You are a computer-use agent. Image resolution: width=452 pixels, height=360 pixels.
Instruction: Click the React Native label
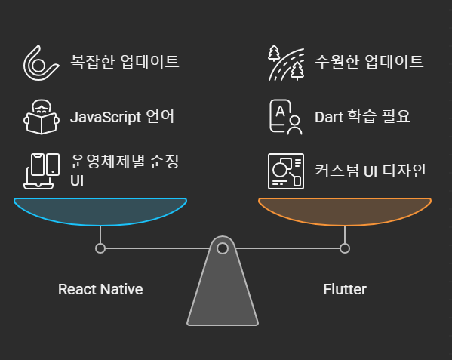(x=100, y=289)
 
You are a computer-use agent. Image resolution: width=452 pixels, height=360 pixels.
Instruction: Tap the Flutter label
(x=345, y=289)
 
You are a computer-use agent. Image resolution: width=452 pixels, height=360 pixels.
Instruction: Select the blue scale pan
(x=100, y=211)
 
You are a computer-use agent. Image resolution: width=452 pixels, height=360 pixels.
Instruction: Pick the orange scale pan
(x=345, y=211)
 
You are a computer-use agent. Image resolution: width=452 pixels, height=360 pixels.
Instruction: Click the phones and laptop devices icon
(x=42, y=171)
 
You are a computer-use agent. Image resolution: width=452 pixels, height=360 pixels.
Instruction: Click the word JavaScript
(x=106, y=117)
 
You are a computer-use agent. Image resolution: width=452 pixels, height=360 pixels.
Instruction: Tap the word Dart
(x=329, y=117)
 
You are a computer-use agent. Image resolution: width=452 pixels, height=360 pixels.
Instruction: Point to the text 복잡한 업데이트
(x=125, y=61)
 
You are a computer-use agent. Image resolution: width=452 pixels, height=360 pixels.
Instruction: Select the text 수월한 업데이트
(x=369, y=61)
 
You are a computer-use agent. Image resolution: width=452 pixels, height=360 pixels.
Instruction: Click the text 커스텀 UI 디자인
(x=371, y=171)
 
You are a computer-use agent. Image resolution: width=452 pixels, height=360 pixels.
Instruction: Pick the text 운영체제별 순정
(x=125, y=161)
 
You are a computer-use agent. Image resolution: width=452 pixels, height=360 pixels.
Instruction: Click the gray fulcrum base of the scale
(x=223, y=288)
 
